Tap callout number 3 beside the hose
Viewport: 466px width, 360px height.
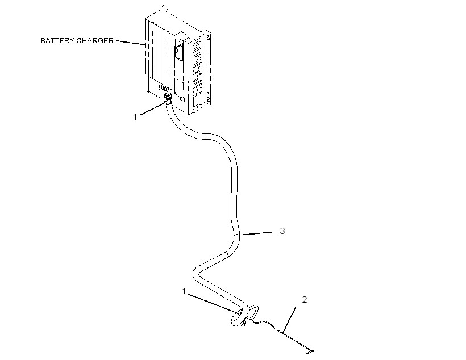(x=282, y=231)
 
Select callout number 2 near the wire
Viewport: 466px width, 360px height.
(x=305, y=300)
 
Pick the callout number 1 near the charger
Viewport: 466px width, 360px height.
(x=135, y=117)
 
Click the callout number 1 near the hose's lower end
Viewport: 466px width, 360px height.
(x=184, y=291)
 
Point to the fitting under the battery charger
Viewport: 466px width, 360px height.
(x=168, y=99)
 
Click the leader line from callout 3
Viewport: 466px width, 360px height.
(x=255, y=233)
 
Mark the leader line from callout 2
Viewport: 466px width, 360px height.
(x=289, y=320)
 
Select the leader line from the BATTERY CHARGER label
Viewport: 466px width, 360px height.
(x=131, y=43)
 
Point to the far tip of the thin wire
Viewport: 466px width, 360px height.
(x=312, y=351)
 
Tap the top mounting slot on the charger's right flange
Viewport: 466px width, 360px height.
(x=208, y=37)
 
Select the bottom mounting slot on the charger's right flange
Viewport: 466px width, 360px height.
(x=208, y=99)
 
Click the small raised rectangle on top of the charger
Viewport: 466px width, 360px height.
(x=182, y=36)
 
